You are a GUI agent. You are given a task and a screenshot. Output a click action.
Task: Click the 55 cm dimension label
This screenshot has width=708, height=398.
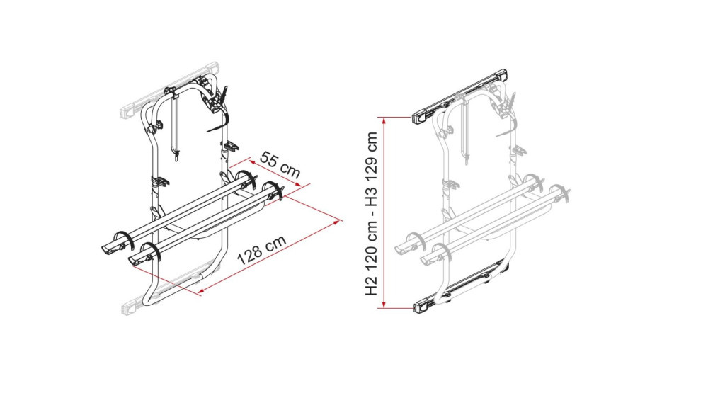[280, 164]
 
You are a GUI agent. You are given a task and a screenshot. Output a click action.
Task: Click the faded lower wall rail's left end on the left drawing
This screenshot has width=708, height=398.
[130, 307]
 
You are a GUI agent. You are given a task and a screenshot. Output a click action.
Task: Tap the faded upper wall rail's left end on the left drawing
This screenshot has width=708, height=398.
[130, 110]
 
